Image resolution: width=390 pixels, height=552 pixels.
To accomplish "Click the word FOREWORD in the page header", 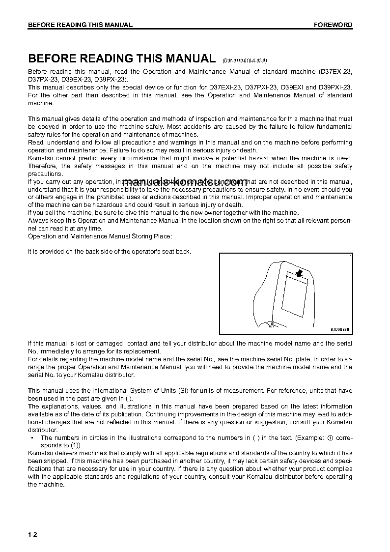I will pos(333,25).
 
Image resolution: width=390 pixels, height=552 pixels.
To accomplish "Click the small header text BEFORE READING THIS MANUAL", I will pos(80,25).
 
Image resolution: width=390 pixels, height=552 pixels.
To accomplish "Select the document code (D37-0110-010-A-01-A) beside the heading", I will pos(244,61).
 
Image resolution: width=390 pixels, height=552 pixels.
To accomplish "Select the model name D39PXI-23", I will pos(335,87).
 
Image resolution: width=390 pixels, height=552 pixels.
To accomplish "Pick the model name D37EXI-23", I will pos(224,87).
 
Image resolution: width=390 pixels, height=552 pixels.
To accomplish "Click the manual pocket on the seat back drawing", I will pos(296,294).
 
